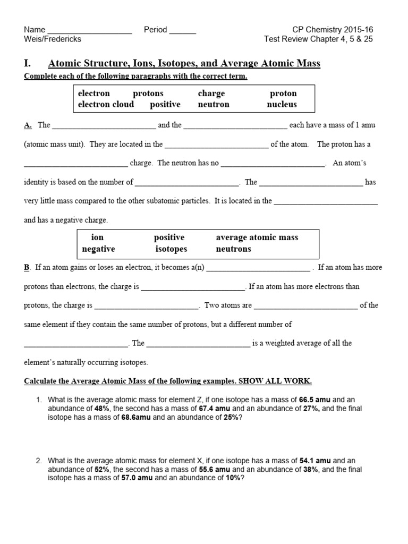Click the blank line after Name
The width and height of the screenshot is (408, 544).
pos(90,31)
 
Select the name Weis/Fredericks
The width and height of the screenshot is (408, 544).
pos(53,39)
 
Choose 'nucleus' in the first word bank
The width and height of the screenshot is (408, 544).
pos(282,104)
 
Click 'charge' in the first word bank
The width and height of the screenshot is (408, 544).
pos(211,93)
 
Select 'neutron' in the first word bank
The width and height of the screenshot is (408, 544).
pos(214,104)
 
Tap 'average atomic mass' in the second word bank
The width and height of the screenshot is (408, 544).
pos(257,237)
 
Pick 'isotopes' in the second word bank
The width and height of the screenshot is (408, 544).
pos(171,249)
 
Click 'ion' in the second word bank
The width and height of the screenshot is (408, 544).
pos(97,237)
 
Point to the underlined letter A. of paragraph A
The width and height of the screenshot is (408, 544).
pos(28,125)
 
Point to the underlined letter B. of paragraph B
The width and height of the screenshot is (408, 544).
pos(27,268)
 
